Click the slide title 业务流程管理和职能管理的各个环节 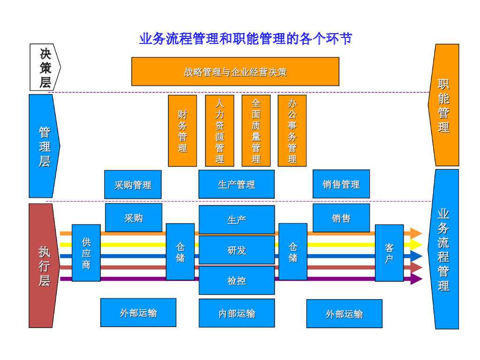[245, 38]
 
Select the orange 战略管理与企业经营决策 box [235, 72]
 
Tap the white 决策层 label [45, 67]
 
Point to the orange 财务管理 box [182, 131]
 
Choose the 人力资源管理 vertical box [219, 131]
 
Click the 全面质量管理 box [256, 131]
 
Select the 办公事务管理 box [292, 131]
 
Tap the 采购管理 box [133, 185]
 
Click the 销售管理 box [341, 184]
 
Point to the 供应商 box [86, 253]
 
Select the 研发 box [237, 250]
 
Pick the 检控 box [237, 280]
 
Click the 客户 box [389, 253]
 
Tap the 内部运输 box [237, 313]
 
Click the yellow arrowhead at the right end [416, 245]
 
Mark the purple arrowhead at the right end [416, 279]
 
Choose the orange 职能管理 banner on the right [444, 105]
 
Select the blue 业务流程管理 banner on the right [443, 249]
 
